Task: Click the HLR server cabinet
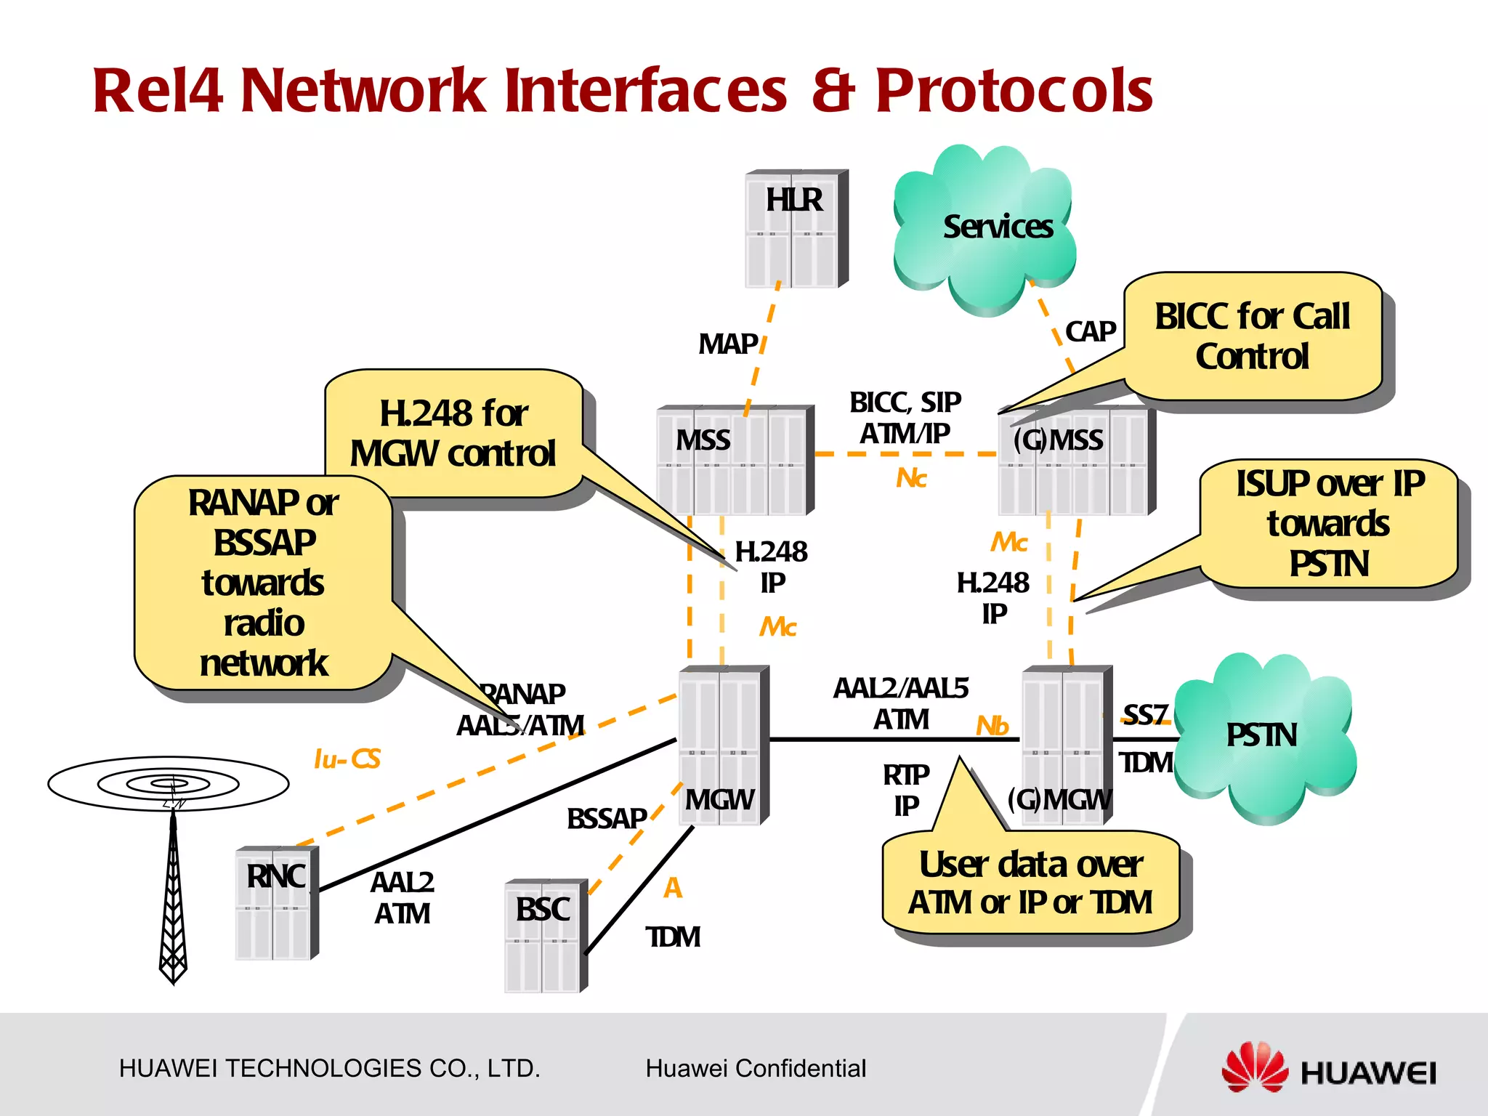[796, 230]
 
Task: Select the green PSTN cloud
[1264, 737]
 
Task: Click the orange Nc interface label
[911, 478]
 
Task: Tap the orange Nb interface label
[992, 725]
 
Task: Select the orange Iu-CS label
[347, 759]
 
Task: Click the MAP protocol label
[728, 344]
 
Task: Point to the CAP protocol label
[1090, 332]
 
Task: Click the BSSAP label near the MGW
[607, 819]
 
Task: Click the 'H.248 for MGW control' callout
[453, 434]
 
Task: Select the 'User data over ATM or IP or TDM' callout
[1030, 883]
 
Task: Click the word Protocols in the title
[1014, 91]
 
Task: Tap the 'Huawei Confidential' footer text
[756, 1068]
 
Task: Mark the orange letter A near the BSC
[673, 888]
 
